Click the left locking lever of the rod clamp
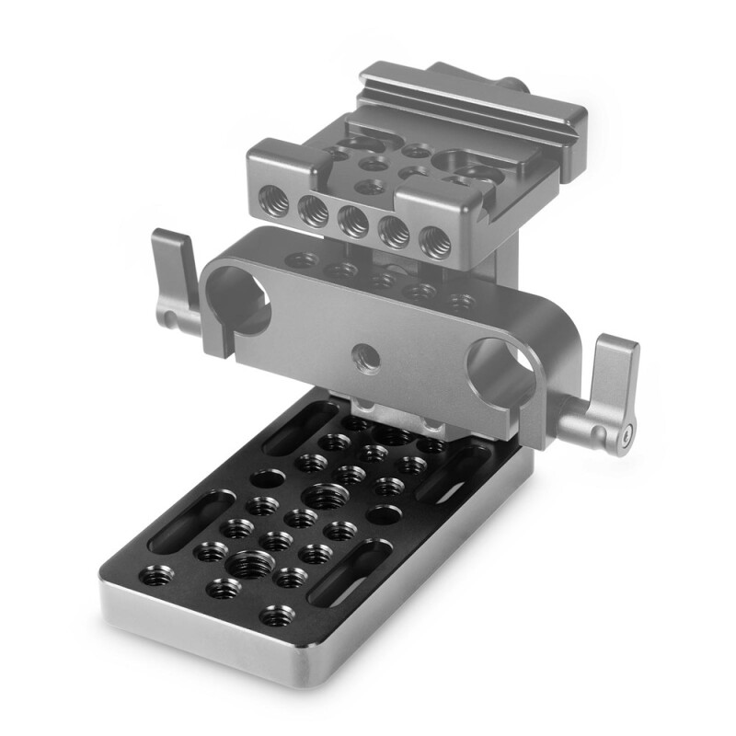click(x=176, y=276)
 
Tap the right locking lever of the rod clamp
click(x=613, y=386)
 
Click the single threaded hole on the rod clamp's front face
click(x=362, y=352)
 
